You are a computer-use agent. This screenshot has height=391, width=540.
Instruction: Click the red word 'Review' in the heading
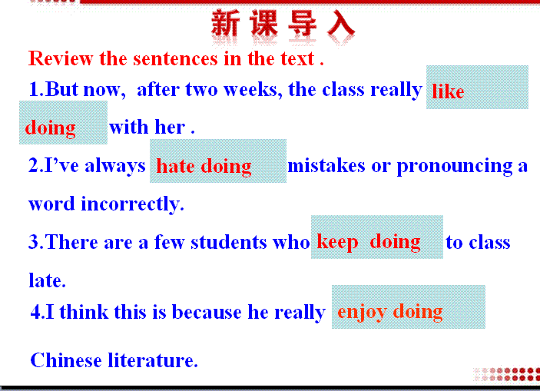pos(61,58)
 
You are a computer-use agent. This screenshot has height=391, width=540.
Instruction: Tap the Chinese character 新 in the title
pos(226,23)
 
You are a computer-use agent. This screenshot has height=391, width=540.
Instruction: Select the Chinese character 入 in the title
pos(340,23)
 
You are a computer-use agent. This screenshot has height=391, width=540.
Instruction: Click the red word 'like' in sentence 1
pos(448,91)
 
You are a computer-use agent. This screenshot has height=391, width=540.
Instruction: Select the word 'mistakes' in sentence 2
pos(326,166)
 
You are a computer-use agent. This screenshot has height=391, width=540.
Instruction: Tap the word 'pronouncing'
pos(455,167)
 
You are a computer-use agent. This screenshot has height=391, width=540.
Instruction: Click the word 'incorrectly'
pos(132,204)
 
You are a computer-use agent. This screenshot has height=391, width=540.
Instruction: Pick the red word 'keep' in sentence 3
pos(337,242)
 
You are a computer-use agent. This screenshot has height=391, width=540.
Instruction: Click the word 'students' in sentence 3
pos(228,242)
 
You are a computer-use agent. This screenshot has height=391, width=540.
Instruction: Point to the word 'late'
pos(47,280)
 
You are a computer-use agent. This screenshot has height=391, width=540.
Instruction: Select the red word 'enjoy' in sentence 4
pos(362,312)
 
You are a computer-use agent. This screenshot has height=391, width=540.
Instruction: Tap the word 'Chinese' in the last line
pos(66,360)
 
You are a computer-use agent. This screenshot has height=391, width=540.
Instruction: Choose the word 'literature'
pos(153,360)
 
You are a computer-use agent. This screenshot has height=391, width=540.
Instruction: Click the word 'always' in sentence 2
pos(115,166)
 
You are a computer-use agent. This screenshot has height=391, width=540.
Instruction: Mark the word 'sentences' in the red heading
pos(175,58)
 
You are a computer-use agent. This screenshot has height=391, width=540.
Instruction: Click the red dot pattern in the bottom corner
pos(506,374)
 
